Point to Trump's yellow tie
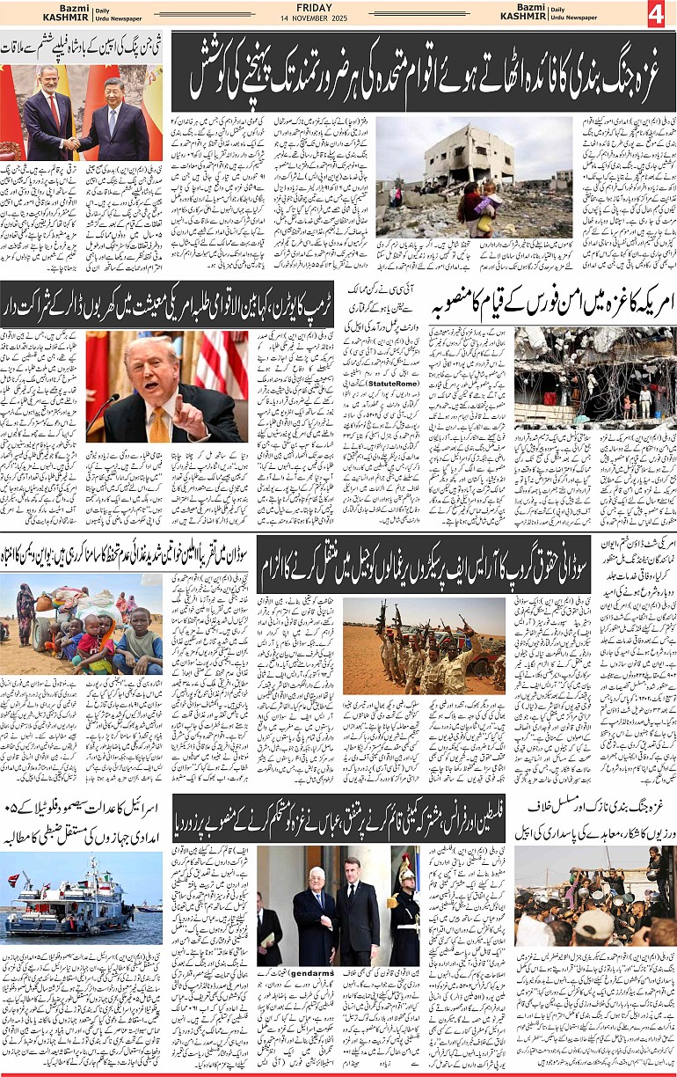pyautogui.click(x=159, y=421)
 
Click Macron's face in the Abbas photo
pyautogui.click(x=351, y=868)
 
